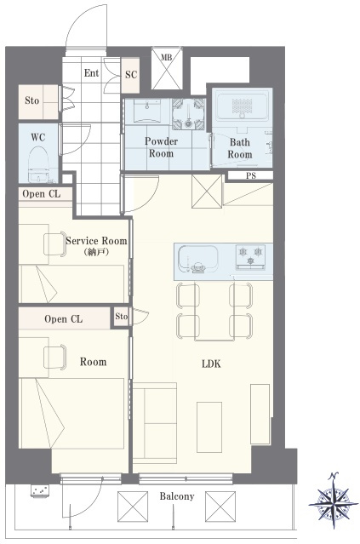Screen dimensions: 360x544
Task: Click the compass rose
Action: (333, 501)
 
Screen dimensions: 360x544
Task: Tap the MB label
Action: (167, 57)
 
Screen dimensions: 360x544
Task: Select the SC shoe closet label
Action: (131, 75)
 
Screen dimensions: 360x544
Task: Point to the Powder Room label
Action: (161, 147)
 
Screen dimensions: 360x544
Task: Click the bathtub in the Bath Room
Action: (242, 105)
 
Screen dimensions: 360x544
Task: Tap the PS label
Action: (251, 176)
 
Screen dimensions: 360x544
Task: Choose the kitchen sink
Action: (198, 259)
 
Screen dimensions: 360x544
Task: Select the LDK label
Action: (211, 364)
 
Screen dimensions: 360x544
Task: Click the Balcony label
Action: (177, 496)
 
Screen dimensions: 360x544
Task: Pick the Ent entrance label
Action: (91, 73)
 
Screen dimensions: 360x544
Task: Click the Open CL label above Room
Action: (64, 319)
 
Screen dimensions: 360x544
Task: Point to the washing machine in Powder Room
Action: (189, 114)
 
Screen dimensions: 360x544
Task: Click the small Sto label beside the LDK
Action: (122, 316)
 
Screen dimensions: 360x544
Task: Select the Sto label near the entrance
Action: (31, 100)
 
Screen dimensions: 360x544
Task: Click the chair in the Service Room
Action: (54, 244)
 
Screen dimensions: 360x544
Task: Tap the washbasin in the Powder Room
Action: (147, 112)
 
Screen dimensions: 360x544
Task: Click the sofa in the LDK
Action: (155, 423)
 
